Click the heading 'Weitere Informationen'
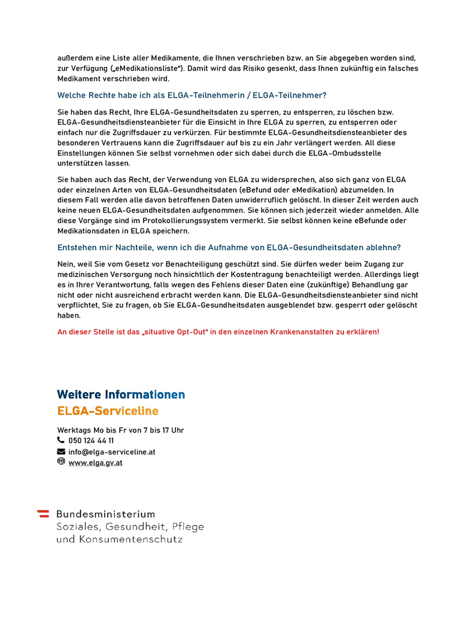click(x=121, y=395)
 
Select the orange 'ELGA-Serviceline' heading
click(x=108, y=411)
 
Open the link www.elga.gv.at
click(x=95, y=463)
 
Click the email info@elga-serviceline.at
click(x=112, y=452)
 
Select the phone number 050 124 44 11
click(x=91, y=440)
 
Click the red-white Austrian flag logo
click(x=43, y=513)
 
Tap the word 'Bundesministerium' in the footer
click(x=105, y=514)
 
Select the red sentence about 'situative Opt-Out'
click(x=218, y=332)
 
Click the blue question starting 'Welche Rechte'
click(x=192, y=95)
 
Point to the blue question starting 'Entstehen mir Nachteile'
click(x=229, y=247)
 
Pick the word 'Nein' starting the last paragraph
click(x=66, y=264)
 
